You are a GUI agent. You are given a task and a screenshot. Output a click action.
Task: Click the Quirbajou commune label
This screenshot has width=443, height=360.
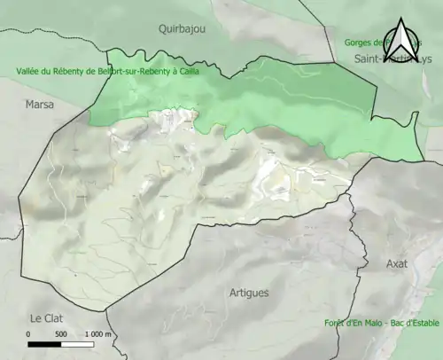(182, 28)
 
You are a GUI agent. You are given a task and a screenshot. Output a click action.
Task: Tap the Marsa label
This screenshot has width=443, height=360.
(39, 105)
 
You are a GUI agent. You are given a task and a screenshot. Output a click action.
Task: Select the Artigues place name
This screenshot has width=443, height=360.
(249, 293)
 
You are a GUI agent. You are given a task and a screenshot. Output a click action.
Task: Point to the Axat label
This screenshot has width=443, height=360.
(397, 263)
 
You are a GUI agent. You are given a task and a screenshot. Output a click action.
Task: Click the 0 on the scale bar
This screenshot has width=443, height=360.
(28, 334)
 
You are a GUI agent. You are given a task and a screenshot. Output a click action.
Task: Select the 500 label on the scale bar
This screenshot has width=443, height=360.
(61, 334)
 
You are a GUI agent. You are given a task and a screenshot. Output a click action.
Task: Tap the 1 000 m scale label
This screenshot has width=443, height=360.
(97, 334)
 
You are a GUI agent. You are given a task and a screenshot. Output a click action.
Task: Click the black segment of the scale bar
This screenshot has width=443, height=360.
(44, 344)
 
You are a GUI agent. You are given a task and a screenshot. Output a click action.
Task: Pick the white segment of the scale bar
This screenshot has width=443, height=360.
(77, 344)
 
